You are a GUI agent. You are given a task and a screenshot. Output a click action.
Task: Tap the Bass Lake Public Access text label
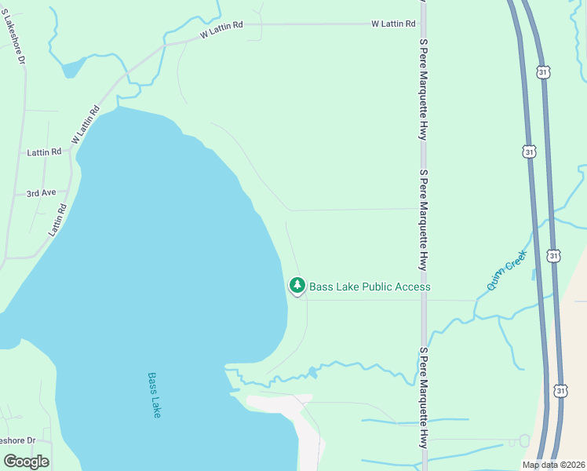click(370, 287)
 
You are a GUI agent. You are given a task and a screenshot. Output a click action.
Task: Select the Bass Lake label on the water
click(154, 394)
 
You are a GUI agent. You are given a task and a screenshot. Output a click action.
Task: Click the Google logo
click(26, 461)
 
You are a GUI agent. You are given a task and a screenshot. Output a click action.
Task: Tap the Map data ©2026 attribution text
click(553, 465)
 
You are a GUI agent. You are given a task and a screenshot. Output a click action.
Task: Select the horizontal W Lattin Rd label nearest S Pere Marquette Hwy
click(393, 24)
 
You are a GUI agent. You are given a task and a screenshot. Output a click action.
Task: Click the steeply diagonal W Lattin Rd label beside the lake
click(86, 125)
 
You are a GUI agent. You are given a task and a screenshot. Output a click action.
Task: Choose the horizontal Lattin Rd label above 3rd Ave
click(44, 152)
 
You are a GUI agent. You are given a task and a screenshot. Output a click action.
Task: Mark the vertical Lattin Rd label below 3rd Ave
click(58, 220)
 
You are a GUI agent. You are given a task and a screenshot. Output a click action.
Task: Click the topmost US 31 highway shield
click(544, 71)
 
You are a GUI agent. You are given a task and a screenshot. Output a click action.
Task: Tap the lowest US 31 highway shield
click(559, 390)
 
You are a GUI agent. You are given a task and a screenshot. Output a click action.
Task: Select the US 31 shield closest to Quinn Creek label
click(554, 255)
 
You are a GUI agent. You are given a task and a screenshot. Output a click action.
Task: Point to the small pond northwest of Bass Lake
click(73, 68)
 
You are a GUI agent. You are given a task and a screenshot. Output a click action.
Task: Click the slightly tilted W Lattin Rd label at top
click(221, 30)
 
